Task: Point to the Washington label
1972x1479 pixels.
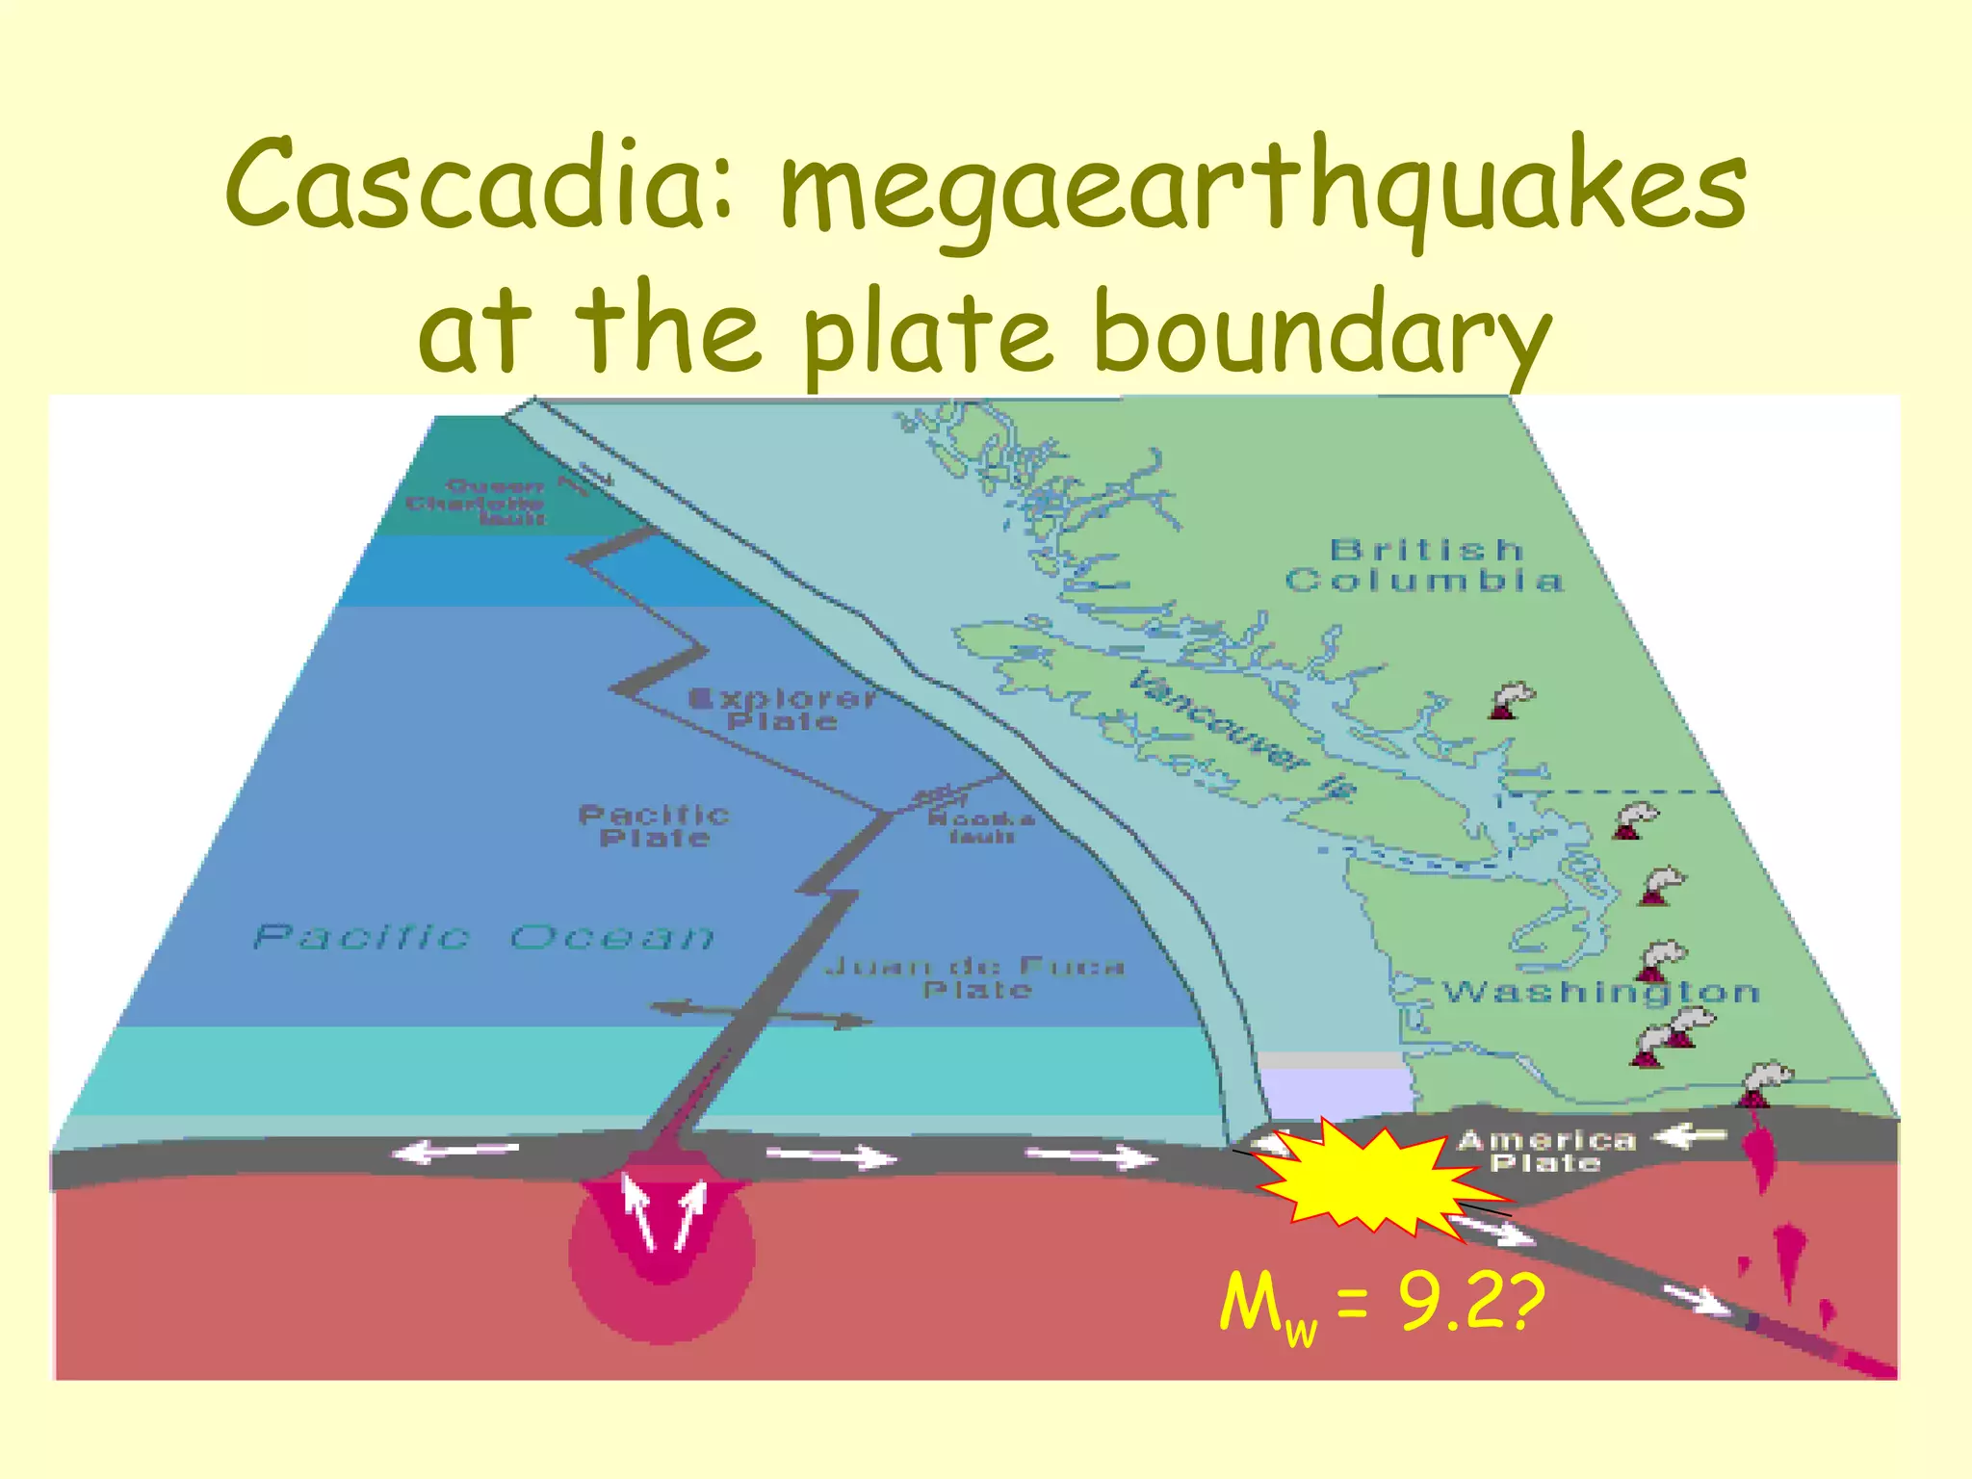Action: point(1601,992)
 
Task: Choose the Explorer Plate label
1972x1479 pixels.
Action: point(782,709)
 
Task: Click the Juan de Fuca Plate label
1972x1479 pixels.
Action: point(975,977)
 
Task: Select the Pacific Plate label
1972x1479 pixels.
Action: point(654,826)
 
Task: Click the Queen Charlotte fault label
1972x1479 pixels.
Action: point(477,502)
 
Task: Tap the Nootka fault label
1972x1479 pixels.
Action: point(981,827)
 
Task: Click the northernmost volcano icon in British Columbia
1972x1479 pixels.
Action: point(1511,700)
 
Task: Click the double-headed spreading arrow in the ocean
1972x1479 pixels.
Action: point(761,1015)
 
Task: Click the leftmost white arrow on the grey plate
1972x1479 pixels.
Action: point(456,1150)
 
